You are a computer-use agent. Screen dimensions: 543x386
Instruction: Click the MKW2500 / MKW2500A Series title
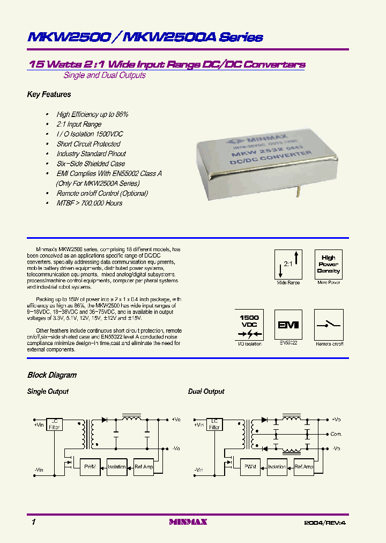click(x=145, y=37)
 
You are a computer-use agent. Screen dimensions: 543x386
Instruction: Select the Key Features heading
click(x=49, y=94)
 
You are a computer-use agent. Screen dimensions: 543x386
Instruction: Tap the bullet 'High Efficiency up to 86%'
click(x=92, y=114)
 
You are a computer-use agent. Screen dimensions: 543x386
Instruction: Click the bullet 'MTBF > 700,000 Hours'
click(x=89, y=203)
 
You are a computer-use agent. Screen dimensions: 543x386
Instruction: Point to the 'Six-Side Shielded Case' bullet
click(x=91, y=164)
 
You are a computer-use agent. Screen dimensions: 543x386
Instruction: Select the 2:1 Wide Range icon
click(x=288, y=263)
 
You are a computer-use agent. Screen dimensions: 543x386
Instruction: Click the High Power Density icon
click(x=328, y=263)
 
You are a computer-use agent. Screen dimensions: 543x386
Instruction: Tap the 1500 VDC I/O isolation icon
click(x=249, y=324)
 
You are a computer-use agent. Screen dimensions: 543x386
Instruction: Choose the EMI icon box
click(x=288, y=324)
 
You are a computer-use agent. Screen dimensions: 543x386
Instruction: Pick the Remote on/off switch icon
click(x=329, y=324)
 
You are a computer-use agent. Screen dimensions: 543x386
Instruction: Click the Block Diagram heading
click(x=52, y=375)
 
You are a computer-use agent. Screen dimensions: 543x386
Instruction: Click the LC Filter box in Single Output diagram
click(x=54, y=424)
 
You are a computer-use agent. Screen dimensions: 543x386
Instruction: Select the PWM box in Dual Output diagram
click(x=250, y=467)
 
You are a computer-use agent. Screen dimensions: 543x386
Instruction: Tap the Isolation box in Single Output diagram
click(x=116, y=467)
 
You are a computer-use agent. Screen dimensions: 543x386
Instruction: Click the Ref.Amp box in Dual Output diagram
click(x=304, y=467)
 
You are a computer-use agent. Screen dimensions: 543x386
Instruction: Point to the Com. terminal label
click(x=336, y=434)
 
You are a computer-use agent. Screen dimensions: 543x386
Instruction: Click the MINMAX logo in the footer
click(x=188, y=522)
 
